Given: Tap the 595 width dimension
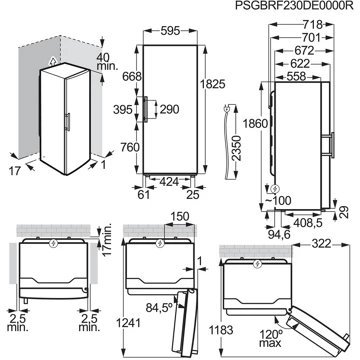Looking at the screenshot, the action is (x=170, y=31).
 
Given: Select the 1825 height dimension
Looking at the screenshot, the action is (x=213, y=84).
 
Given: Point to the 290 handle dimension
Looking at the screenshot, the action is (x=170, y=109).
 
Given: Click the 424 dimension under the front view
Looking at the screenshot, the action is (x=170, y=182).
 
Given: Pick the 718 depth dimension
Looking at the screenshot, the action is (x=313, y=24).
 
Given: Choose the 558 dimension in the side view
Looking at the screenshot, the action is (x=296, y=76).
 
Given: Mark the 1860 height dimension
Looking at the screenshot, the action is (x=255, y=124).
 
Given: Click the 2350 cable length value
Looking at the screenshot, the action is (x=236, y=148).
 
